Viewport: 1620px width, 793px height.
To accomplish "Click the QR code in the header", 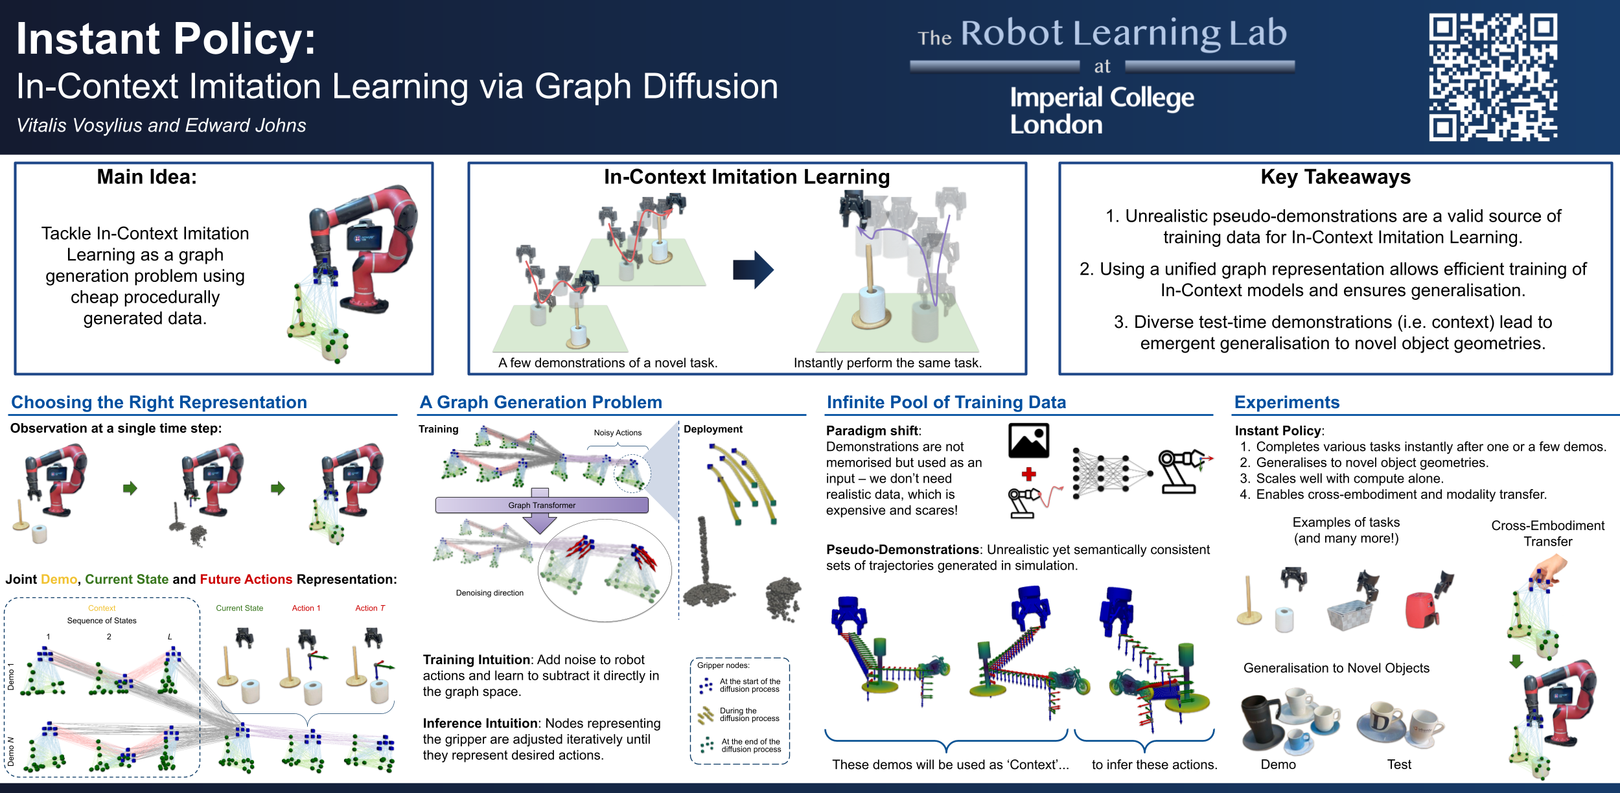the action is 1493,77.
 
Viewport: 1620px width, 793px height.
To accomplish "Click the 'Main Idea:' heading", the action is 147,177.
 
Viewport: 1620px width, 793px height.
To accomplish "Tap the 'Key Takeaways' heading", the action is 1336,177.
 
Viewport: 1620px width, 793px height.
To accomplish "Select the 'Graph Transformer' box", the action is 542,505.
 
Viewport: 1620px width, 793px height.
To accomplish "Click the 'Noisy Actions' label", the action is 618,433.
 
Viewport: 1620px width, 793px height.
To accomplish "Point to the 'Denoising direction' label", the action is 490,593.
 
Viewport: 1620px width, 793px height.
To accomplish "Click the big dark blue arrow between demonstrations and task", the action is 753,270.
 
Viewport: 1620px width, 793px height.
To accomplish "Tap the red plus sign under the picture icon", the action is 1028,474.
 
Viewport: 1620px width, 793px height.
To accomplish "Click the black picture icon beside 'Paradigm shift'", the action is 1029,441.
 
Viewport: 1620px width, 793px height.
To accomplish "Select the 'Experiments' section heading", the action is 1287,402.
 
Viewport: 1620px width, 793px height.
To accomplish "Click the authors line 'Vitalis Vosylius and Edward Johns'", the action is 161,125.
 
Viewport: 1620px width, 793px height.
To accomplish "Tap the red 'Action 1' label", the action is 306,608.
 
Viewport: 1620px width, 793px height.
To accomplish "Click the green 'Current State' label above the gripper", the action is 240,608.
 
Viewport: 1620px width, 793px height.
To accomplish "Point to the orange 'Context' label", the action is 102,608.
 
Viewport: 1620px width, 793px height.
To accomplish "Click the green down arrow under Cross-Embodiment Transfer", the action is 1516,661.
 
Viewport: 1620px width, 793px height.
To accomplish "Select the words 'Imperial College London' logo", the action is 1102,111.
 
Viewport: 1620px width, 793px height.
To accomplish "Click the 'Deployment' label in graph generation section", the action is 713,429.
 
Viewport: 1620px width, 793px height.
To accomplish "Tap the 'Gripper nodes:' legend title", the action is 723,665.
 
